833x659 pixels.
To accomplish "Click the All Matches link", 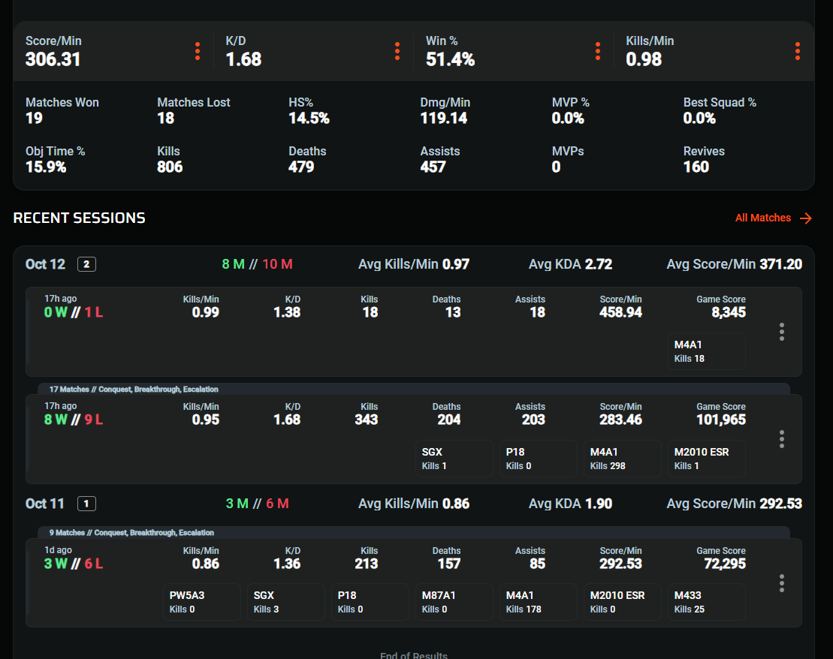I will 773,218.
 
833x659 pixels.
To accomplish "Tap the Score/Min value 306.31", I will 53,59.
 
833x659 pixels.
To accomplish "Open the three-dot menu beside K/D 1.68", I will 397,51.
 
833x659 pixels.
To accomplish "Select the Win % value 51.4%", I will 450,59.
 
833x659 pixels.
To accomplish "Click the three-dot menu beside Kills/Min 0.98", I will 797,51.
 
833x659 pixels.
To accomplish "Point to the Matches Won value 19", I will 34,118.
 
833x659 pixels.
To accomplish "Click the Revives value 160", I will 696,167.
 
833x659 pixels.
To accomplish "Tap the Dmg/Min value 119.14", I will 443,118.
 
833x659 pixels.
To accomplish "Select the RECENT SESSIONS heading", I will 79,218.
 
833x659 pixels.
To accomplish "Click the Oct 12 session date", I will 45,264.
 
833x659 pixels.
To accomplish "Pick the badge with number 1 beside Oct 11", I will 86,504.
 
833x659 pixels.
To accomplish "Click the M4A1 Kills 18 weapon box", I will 706,351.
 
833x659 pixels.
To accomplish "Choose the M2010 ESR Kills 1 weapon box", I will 706,459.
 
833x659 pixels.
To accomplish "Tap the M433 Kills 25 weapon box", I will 706,602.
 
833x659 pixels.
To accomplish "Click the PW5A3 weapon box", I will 202,602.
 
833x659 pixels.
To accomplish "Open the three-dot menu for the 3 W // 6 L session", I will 782,583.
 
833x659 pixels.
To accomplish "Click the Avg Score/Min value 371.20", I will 780,264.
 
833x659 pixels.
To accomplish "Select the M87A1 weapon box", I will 454,602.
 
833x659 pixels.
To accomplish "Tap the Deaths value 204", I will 448,420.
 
